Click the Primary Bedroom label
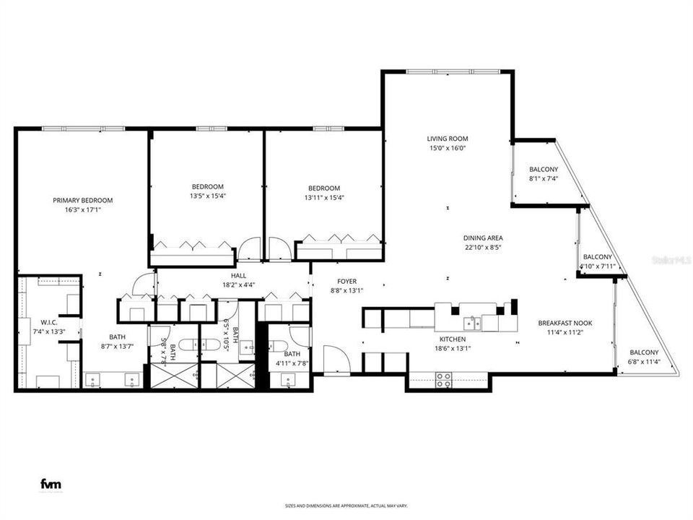pos(82,200)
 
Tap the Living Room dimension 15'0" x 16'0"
pos(448,148)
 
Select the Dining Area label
pos(483,238)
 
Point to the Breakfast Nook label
pos(565,324)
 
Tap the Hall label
pos(238,275)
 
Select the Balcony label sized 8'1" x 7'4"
pos(544,169)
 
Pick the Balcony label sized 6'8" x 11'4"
pos(643,352)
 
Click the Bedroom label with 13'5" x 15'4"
pos(207,186)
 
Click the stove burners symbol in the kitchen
pos(443,380)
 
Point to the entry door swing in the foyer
pos(336,359)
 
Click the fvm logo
pos(50,485)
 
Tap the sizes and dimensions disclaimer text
pos(346,507)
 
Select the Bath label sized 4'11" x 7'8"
pos(292,354)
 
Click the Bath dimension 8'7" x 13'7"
pos(117,347)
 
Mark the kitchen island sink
pos(474,321)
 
